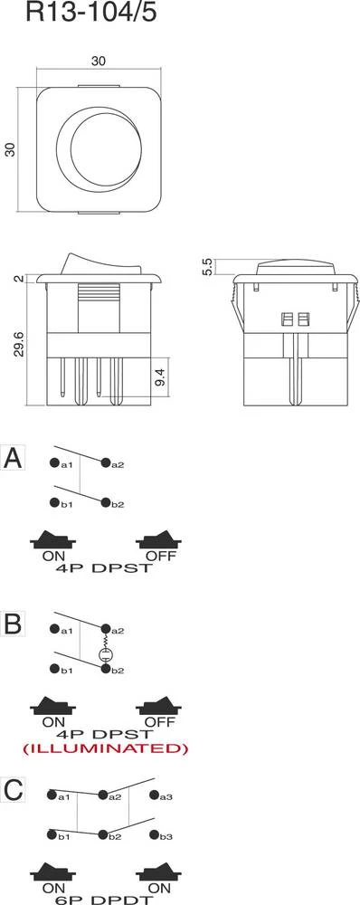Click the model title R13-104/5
[91, 12]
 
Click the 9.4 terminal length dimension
[162, 379]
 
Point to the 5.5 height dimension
[208, 267]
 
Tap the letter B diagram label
[13, 624]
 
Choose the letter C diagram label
[14, 790]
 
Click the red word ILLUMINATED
[105, 748]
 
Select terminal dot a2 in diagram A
[105, 462]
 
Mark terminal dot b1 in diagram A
[54, 502]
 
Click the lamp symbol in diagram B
[105, 654]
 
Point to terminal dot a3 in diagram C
[154, 795]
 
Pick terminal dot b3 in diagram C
[154, 834]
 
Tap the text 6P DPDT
[105, 900]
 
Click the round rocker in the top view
[99, 149]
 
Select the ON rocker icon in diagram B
[53, 706]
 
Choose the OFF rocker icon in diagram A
[158, 540]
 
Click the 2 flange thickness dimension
[20, 278]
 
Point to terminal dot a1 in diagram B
[54, 629]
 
